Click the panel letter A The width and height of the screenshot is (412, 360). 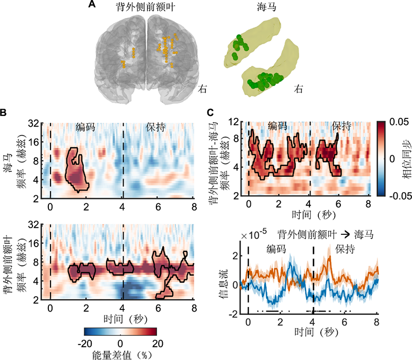(x=91, y=5)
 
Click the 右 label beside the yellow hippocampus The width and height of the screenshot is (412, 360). (x=298, y=89)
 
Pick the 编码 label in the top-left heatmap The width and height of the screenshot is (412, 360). (x=86, y=127)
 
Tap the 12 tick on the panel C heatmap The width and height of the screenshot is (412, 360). (x=237, y=122)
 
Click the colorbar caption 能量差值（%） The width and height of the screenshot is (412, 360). (x=121, y=354)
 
